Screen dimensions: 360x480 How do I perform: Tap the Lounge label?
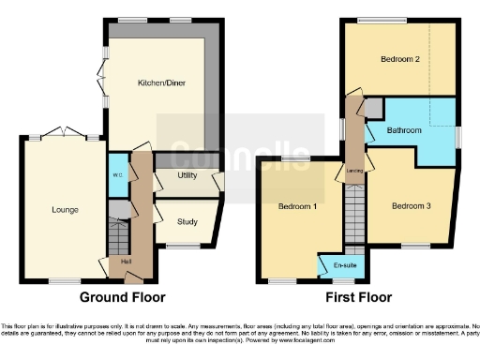click(x=67, y=209)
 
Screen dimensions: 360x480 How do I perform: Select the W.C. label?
click(x=117, y=174)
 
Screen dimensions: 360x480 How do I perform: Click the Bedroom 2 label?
click(x=398, y=60)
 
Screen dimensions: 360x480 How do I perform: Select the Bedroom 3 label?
click(x=411, y=205)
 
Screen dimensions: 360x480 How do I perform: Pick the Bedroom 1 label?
click(x=297, y=205)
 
